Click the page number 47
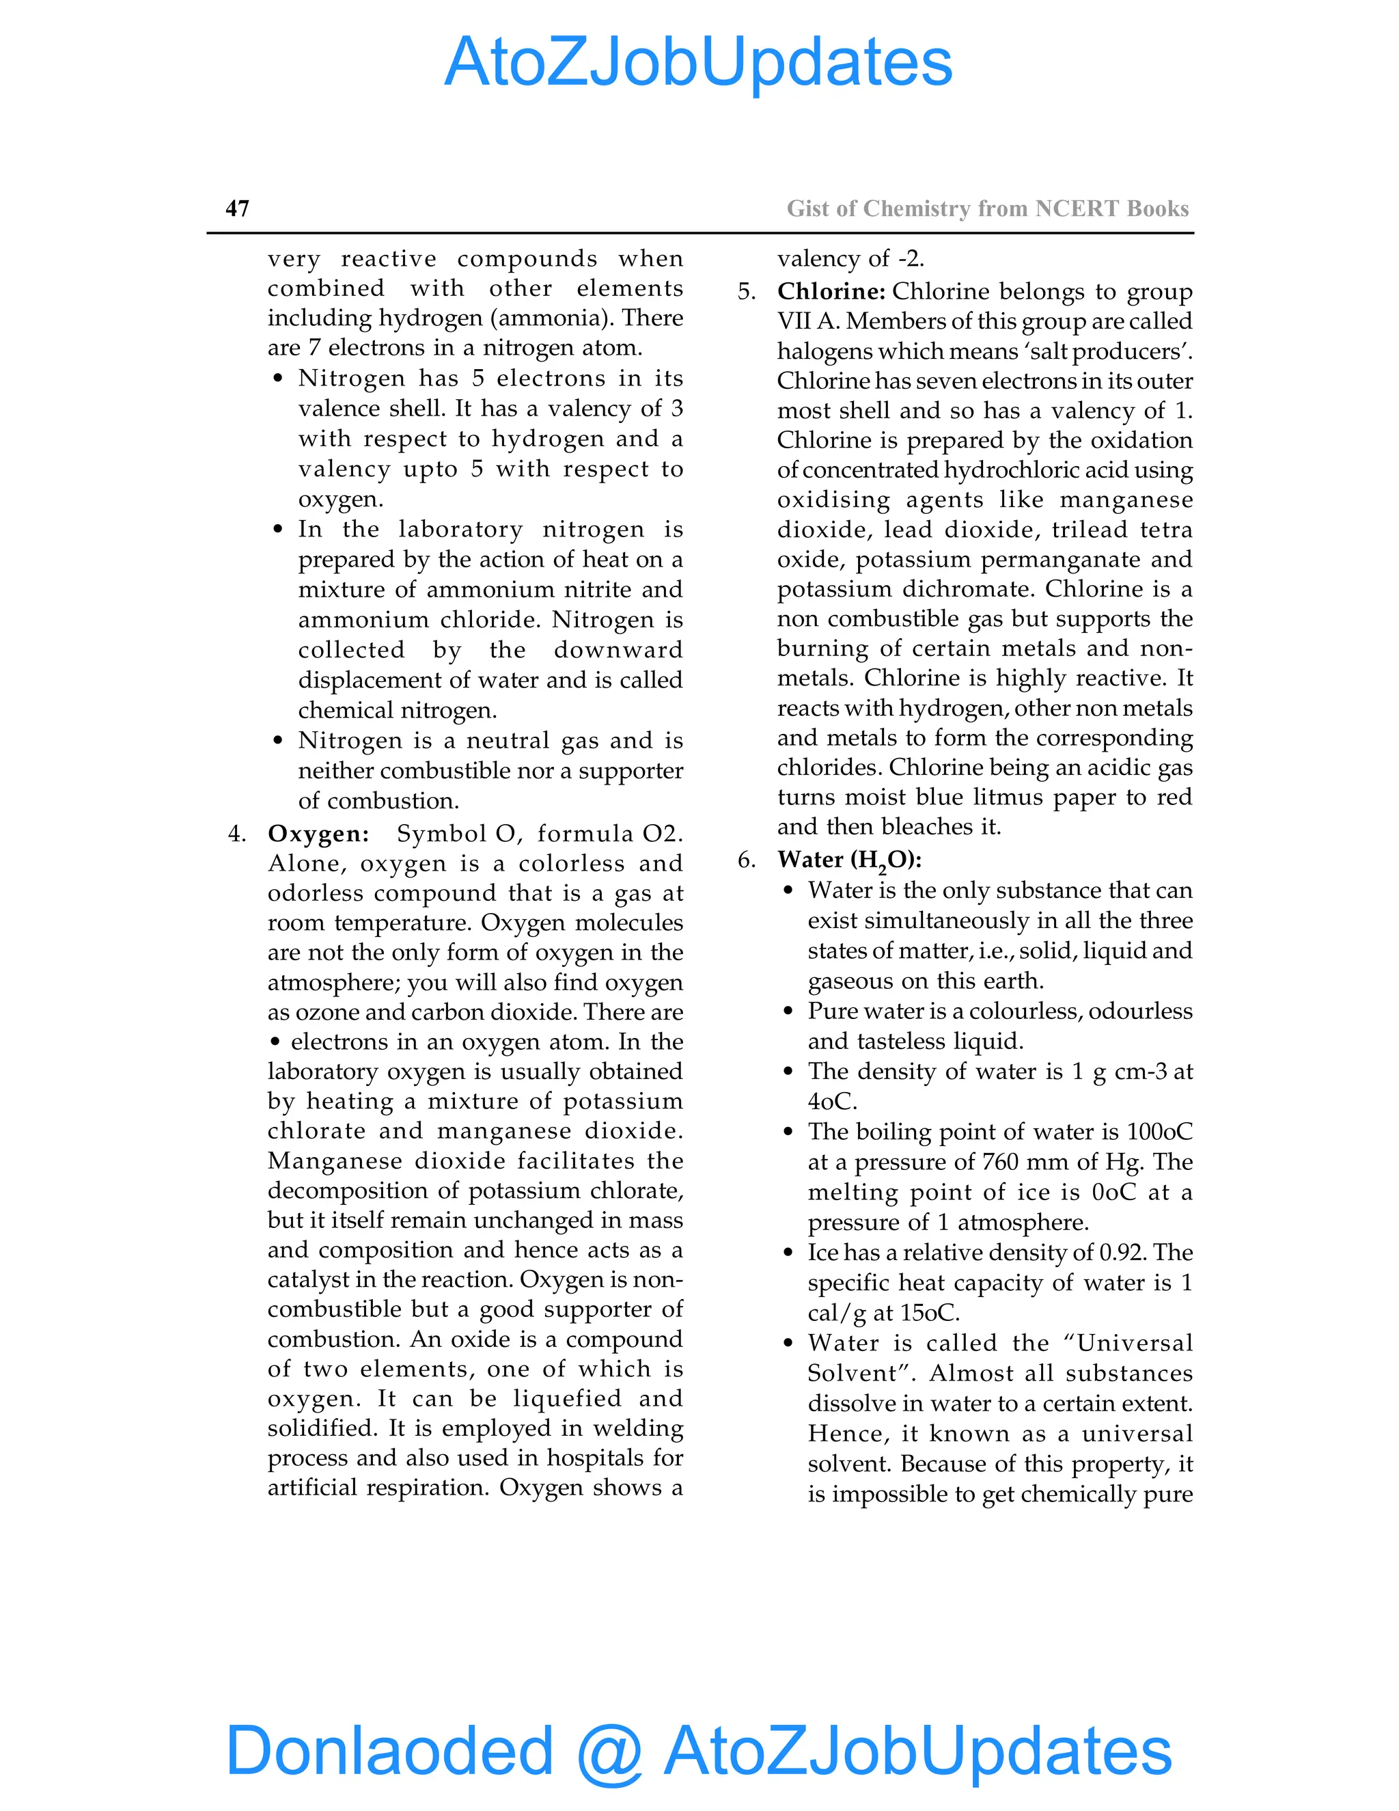pyautogui.click(x=237, y=208)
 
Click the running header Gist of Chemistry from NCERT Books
pyautogui.click(x=987, y=208)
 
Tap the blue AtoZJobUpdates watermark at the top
pyautogui.click(x=698, y=62)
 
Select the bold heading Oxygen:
pyautogui.click(x=318, y=833)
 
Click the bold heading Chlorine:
pyautogui.click(x=831, y=292)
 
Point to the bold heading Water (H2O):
pyautogui.click(x=850, y=860)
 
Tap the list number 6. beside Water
pyautogui.click(x=746, y=860)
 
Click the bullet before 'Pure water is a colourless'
pyautogui.click(x=788, y=1011)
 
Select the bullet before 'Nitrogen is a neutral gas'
pyautogui.click(x=279, y=741)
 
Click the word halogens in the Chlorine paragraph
pyautogui.click(x=824, y=351)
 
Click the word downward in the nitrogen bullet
pyautogui.click(x=618, y=650)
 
